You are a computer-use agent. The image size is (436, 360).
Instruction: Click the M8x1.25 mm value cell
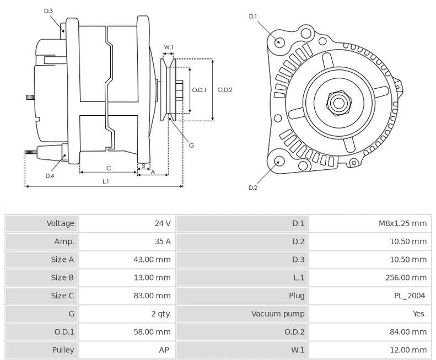click(402, 223)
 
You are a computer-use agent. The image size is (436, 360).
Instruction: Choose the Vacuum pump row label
click(278, 314)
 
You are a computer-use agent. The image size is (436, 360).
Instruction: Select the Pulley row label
click(63, 350)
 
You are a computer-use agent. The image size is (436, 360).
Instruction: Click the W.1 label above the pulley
click(169, 47)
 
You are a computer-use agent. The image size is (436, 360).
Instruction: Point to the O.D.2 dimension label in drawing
click(225, 90)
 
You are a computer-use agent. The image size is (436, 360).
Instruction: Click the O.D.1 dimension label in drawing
click(199, 90)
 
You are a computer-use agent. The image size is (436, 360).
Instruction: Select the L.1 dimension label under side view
click(105, 181)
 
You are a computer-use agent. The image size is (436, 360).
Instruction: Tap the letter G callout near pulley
click(191, 146)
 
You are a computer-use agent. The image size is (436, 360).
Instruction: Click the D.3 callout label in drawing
click(48, 10)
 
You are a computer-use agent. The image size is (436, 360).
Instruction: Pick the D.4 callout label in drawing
click(50, 176)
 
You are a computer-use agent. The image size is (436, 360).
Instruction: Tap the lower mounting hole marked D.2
click(279, 161)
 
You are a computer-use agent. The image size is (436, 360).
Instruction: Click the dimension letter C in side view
click(109, 167)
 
